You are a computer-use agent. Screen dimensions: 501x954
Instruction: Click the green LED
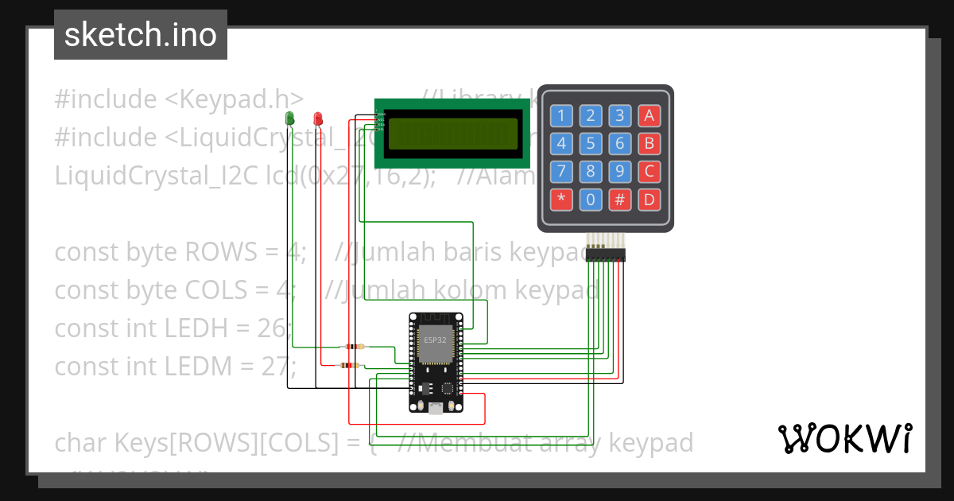(289, 118)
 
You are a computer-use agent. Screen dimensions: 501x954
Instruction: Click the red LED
(318, 118)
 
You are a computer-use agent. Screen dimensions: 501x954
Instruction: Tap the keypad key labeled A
(649, 116)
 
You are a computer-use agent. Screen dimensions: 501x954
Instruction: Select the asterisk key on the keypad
(561, 200)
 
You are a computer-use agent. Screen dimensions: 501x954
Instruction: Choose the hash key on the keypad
(619, 200)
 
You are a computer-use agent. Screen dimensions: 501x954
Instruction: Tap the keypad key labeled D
(649, 200)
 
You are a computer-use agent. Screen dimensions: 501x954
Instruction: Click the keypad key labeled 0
(590, 200)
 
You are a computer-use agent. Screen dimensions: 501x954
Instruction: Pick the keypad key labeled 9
(619, 171)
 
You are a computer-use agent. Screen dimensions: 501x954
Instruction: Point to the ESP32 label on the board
(435, 340)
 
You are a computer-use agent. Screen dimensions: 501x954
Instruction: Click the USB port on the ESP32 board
(435, 408)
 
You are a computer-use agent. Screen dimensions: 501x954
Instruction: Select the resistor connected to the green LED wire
(353, 347)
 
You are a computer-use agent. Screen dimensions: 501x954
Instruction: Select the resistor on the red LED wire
(348, 365)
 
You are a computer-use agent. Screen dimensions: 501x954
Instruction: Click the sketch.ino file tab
(141, 35)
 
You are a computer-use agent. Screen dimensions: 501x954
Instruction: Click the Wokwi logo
(844, 439)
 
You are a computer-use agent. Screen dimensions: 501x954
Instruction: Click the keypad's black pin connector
(605, 254)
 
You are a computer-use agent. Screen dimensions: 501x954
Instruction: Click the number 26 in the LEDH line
(273, 328)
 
